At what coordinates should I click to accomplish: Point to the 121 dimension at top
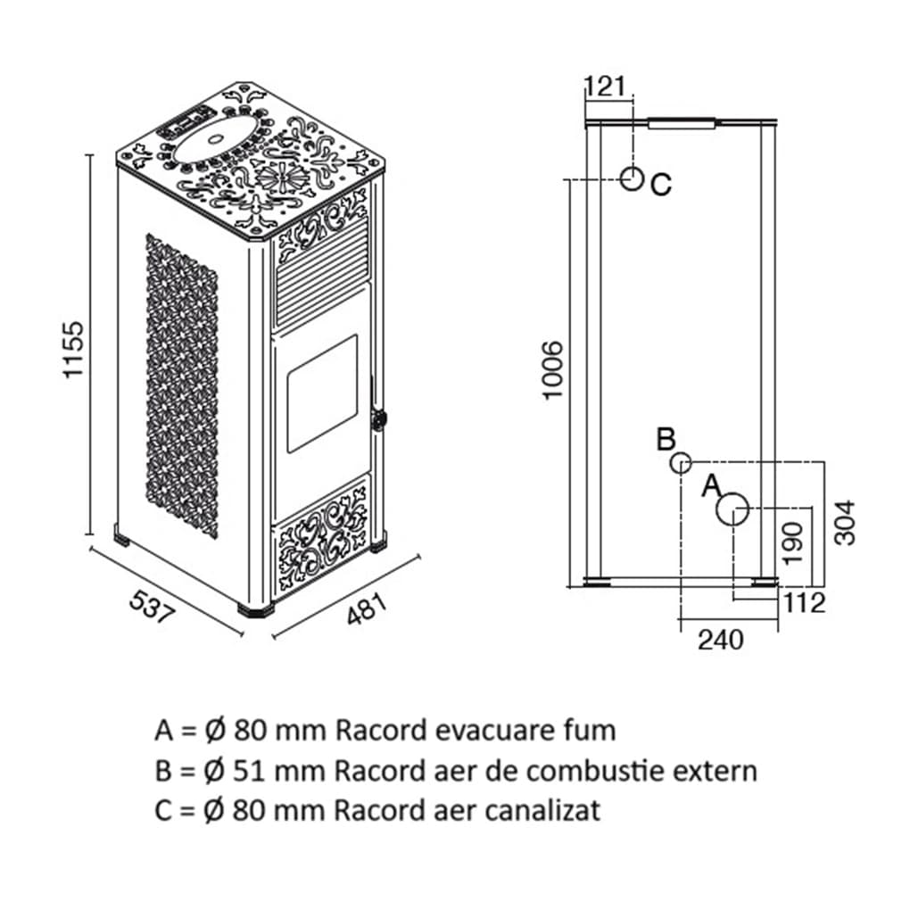(x=607, y=87)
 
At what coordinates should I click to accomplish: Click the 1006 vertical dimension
(x=554, y=370)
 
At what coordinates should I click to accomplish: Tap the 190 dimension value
(x=793, y=542)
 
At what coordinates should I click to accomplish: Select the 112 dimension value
(x=805, y=603)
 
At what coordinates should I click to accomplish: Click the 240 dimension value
(x=720, y=640)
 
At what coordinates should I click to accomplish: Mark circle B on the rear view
(x=681, y=462)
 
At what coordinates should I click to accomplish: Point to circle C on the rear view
(x=632, y=179)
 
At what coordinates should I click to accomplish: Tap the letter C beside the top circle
(x=660, y=185)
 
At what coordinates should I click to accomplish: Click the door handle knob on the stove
(x=381, y=418)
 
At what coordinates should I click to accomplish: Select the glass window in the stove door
(x=320, y=393)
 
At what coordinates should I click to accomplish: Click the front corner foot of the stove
(x=256, y=610)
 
